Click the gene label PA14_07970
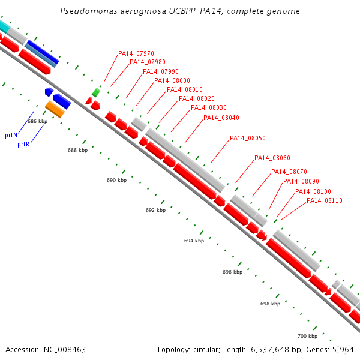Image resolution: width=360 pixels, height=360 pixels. (x=136, y=53)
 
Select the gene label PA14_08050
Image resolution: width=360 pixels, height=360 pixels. (x=247, y=138)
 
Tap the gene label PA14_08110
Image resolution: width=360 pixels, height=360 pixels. (x=324, y=200)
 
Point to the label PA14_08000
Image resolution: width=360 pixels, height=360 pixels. (x=172, y=80)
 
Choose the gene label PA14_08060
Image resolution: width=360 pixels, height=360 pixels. (x=272, y=158)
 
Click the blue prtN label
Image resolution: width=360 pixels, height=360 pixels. (x=11, y=136)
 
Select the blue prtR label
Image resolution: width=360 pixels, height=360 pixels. (x=23, y=144)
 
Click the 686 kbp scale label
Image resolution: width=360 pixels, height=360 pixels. (x=37, y=121)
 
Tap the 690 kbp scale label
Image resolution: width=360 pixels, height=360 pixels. (x=116, y=180)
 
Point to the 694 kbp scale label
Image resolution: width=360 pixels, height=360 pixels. (x=194, y=241)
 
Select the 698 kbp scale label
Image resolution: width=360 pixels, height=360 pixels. (x=270, y=304)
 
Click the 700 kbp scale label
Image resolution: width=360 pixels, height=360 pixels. (x=307, y=335)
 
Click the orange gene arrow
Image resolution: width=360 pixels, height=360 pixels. (x=55, y=109)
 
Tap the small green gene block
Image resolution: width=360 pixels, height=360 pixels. (x=96, y=92)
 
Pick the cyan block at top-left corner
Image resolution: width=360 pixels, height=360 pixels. (x=4, y=26)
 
